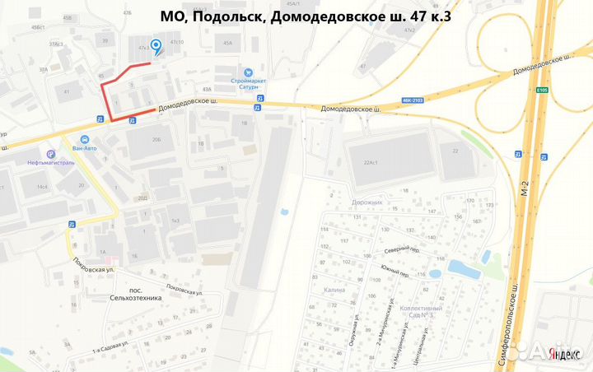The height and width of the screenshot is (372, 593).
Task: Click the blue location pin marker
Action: tap(156, 48)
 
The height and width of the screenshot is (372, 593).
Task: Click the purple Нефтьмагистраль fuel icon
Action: tap(51, 153)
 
